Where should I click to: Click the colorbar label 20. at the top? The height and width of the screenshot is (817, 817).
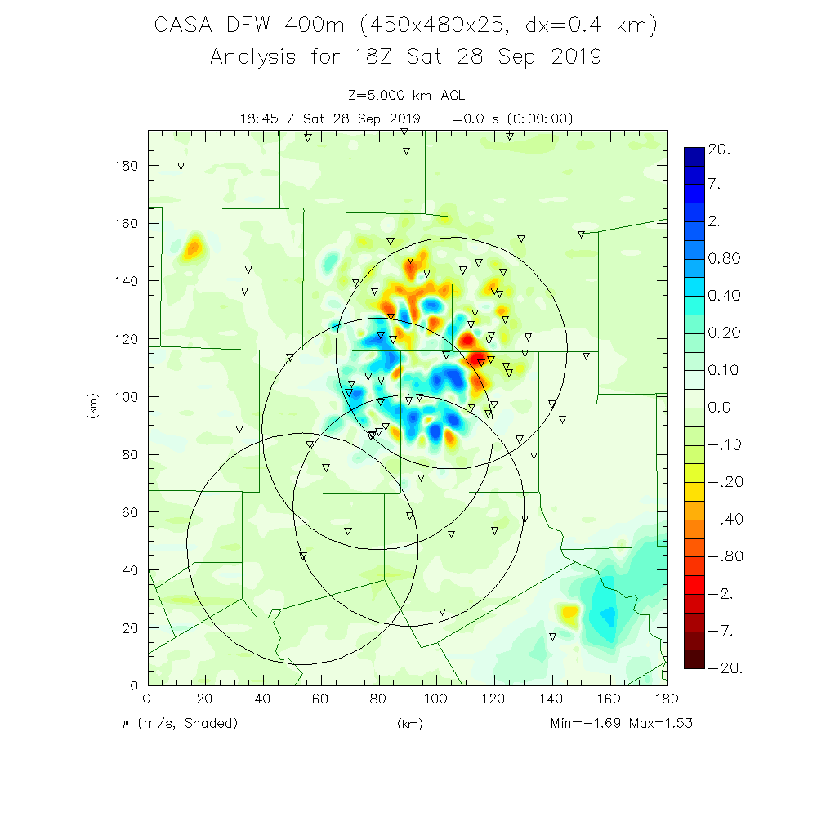tap(721, 150)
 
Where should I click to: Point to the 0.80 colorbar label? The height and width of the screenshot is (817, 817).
tap(725, 259)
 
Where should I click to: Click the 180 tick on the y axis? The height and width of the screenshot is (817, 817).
tap(127, 166)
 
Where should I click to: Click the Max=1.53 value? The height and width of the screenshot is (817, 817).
tap(662, 724)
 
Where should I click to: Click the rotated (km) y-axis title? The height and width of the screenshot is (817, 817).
tap(92, 406)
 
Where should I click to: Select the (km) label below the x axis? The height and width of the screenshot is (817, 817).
tap(408, 724)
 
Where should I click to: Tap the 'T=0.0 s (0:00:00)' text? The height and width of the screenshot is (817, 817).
tap(509, 118)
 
